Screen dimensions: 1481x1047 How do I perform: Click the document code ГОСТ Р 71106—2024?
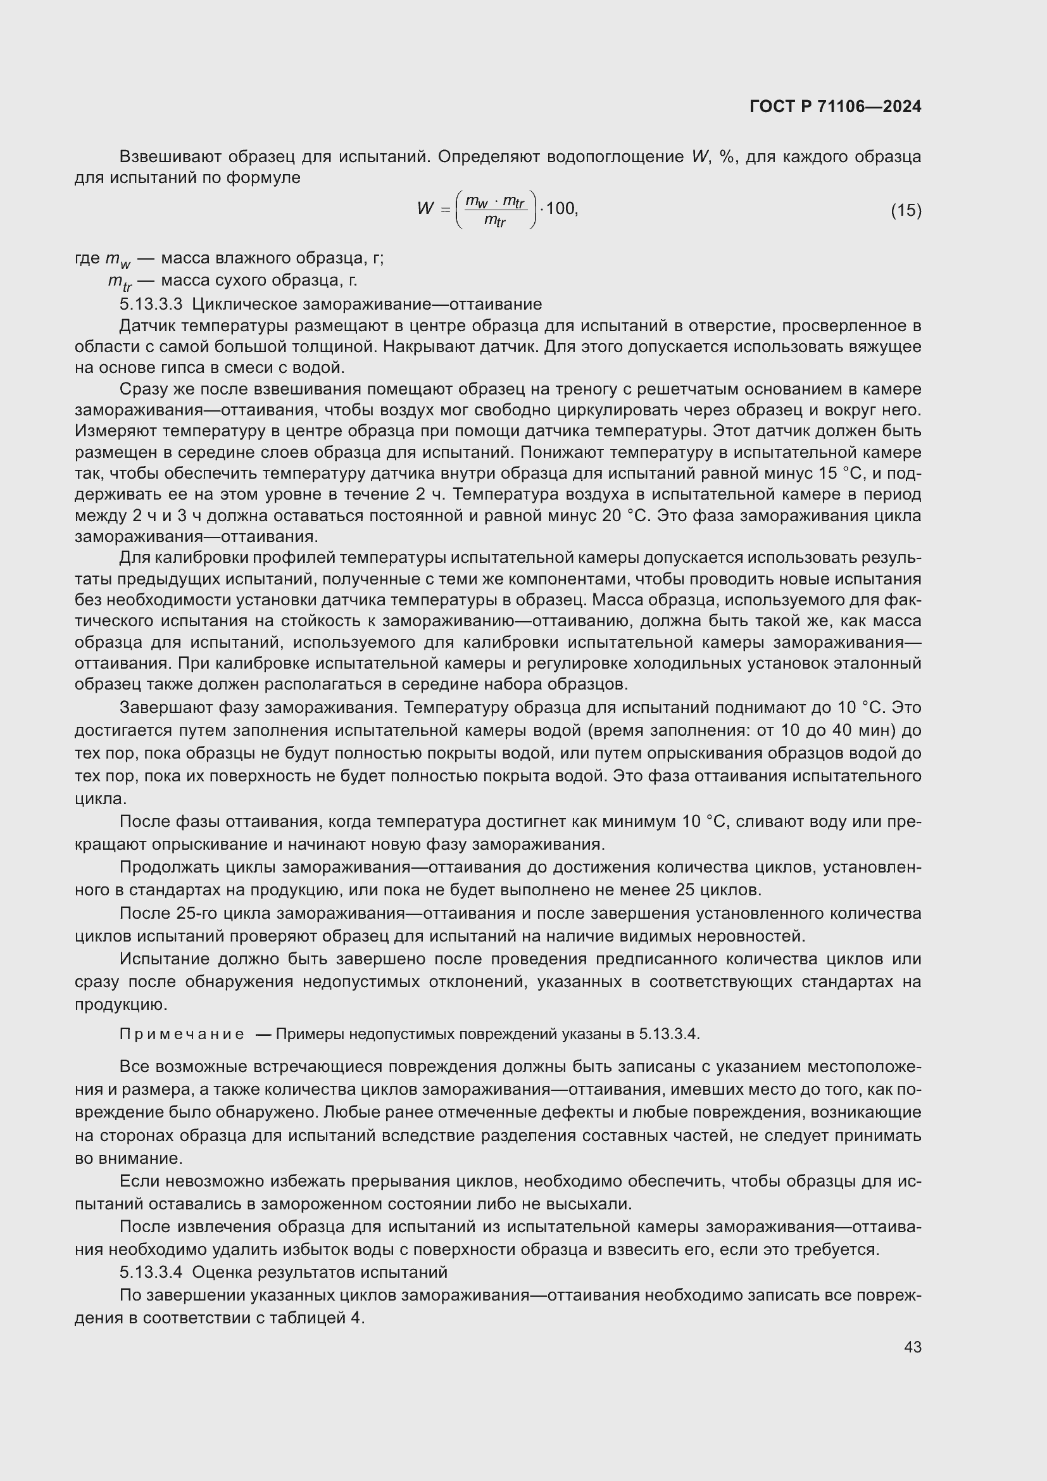coord(836,106)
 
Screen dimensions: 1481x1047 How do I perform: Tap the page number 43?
coord(912,1347)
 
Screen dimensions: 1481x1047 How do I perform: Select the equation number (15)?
coord(906,210)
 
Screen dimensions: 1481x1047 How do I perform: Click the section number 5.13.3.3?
coord(151,304)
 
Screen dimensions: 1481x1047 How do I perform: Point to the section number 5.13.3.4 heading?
coord(151,1272)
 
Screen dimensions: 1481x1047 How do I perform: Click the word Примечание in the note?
coord(182,1034)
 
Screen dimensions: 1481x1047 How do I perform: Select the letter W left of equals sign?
coord(425,208)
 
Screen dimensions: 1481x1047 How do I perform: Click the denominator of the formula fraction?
coord(494,221)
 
